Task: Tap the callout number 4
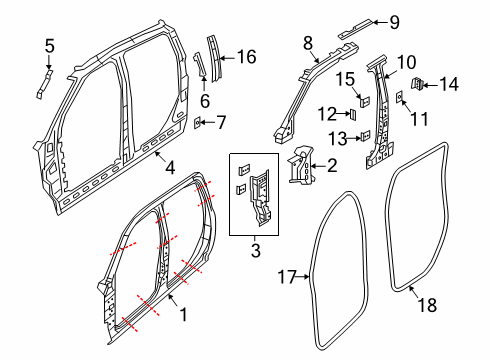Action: click(170, 168)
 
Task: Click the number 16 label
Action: click(246, 56)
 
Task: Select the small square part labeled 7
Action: click(200, 123)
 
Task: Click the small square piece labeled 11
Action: click(400, 96)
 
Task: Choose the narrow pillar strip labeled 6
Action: click(198, 66)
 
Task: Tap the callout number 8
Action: click(309, 41)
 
